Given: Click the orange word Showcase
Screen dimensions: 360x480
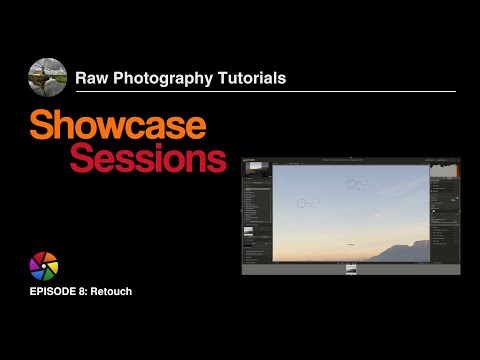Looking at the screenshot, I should [x=118, y=126].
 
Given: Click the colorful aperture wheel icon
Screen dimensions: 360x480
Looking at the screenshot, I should [x=44, y=266].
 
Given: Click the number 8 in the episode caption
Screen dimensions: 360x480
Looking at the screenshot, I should [x=86, y=291].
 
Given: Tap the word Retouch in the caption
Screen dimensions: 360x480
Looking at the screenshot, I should [x=113, y=291].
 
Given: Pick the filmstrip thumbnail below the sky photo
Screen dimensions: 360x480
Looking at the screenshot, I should [x=351, y=269].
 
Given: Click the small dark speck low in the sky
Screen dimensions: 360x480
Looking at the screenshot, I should [x=350, y=242].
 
